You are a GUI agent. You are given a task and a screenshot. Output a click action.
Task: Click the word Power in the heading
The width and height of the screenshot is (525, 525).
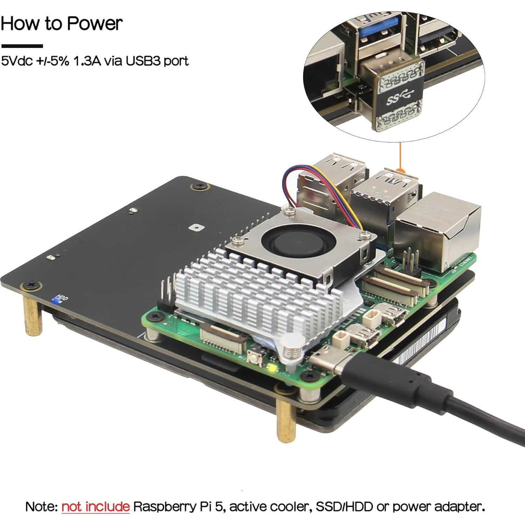[x=95, y=23]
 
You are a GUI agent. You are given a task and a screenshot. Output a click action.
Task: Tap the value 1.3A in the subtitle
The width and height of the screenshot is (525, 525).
[x=87, y=61]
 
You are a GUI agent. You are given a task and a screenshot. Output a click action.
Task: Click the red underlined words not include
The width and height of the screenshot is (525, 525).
[x=95, y=506]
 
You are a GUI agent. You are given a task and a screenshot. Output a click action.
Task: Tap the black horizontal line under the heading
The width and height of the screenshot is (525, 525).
[x=22, y=46]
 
